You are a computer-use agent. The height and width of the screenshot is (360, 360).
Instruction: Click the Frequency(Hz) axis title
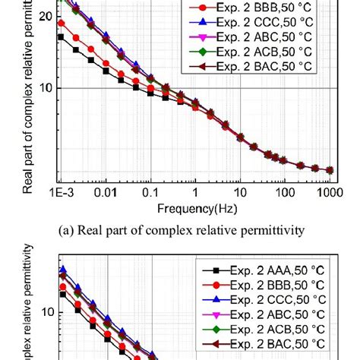coord(195,207)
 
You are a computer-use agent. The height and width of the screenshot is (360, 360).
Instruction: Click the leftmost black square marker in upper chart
coord(61,36)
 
